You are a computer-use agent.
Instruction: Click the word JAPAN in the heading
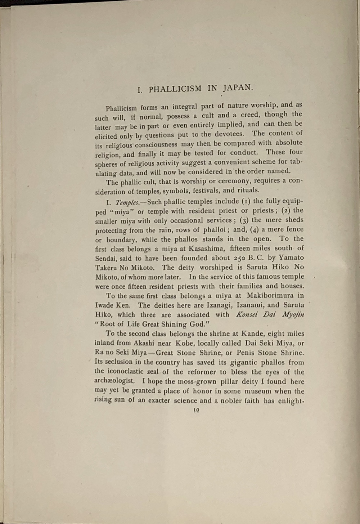(x=238, y=88)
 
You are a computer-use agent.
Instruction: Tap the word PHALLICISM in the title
(x=175, y=89)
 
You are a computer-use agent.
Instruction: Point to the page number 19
(x=196, y=410)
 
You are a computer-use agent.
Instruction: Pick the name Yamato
(x=291, y=257)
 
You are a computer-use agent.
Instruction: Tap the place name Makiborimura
(x=270, y=295)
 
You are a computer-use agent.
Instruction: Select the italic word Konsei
(x=247, y=314)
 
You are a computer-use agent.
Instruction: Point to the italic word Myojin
(x=293, y=314)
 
